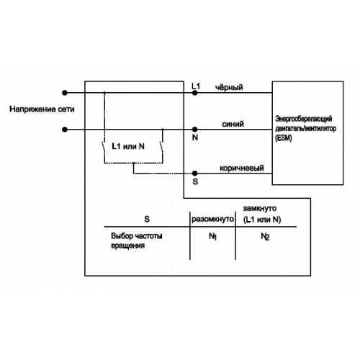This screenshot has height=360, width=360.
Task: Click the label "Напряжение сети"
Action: (x=42, y=109)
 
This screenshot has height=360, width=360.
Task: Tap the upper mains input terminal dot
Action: (x=65, y=93)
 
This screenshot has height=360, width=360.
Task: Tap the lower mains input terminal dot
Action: (x=65, y=130)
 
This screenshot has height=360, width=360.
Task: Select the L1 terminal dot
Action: (x=195, y=93)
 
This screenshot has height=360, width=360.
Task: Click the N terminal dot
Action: (x=195, y=130)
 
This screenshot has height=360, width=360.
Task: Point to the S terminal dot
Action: (x=195, y=173)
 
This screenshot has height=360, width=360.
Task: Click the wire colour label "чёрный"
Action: (x=229, y=87)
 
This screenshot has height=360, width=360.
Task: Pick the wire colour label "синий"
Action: (x=233, y=124)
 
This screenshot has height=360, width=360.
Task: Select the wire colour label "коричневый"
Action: (x=242, y=168)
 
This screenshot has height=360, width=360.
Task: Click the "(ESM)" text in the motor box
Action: (x=284, y=138)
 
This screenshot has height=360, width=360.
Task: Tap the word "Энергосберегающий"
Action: (x=304, y=119)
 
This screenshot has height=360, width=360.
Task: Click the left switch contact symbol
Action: (x=104, y=147)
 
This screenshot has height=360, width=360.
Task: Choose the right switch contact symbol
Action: (x=162, y=147)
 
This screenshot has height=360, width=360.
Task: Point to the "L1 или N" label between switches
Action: (x=128, y=146)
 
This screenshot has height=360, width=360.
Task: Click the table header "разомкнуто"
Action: (x=212, y=219)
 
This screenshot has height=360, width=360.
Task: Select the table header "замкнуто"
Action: (x=260, y=208)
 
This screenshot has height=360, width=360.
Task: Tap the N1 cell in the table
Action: (x=212, y=237)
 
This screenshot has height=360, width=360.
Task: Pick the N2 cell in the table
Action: (x=265, y=237)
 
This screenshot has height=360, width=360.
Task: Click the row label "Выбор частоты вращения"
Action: (x=137, y=240)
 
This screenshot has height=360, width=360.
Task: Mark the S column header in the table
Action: (x=147, y=219)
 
